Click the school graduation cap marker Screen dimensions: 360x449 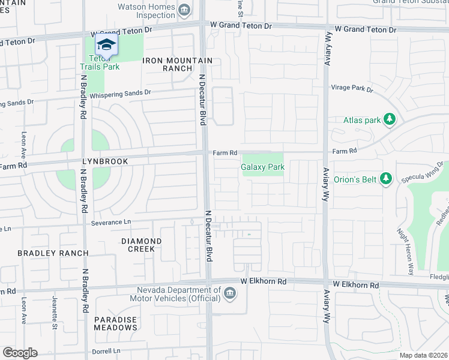(x=107, y=45)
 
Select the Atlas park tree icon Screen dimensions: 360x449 (x=390, y=119)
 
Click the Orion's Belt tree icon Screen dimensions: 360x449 (x=386, y=178)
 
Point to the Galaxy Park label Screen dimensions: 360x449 (x=262, y=167)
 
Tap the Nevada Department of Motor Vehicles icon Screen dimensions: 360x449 (x=231, y=293)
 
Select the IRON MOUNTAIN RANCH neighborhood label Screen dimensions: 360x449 (x=178, y=64)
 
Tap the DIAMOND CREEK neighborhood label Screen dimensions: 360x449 (x=142, y=245)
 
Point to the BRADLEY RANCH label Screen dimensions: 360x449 (x=53, y=253)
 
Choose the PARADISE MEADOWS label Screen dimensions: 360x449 (x=115, y=323)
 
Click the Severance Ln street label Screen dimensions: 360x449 (x=111, y=222)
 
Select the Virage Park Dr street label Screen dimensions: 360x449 (x=352, y=88)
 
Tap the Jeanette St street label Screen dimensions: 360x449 (x=54, y=317)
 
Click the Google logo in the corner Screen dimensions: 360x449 (x=19, y=353)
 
